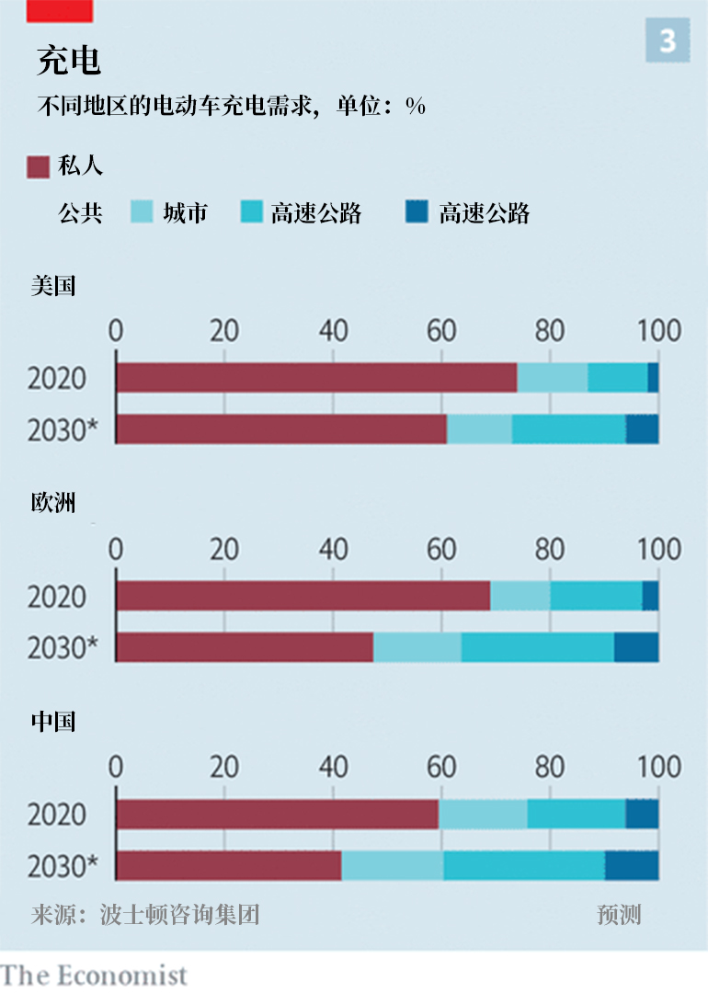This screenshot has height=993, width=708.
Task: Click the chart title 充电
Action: click(x=69, y=61)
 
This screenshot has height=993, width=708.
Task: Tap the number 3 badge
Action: click(x=668, y=41)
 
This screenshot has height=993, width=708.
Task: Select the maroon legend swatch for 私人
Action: click(x=38, y=166)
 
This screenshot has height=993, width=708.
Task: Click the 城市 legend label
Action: click(x=185, y=213)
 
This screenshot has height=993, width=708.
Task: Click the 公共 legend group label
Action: click(x=80, y=213)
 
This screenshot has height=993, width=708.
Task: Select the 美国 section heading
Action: click(x=53, y=285)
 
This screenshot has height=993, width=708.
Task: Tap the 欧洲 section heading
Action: click(x=53, y=503)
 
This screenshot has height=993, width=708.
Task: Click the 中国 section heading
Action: click(x=53, y=721)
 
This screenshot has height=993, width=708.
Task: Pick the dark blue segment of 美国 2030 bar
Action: click(x=642, y=429)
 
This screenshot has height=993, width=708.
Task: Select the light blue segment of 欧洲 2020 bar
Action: click(x=520, y=596)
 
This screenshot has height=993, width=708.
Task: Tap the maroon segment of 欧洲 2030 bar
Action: click(x=245, y=647)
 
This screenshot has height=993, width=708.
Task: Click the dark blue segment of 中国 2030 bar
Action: click(x=632, y=865)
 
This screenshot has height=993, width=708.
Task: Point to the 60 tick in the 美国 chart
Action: click(x=441, y=331)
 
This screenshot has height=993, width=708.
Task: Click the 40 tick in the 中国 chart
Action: click(x=333, y=767)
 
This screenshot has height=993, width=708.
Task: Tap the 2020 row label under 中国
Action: click(x=57, y=815)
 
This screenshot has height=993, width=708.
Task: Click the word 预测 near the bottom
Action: click(x=619, y=915)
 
